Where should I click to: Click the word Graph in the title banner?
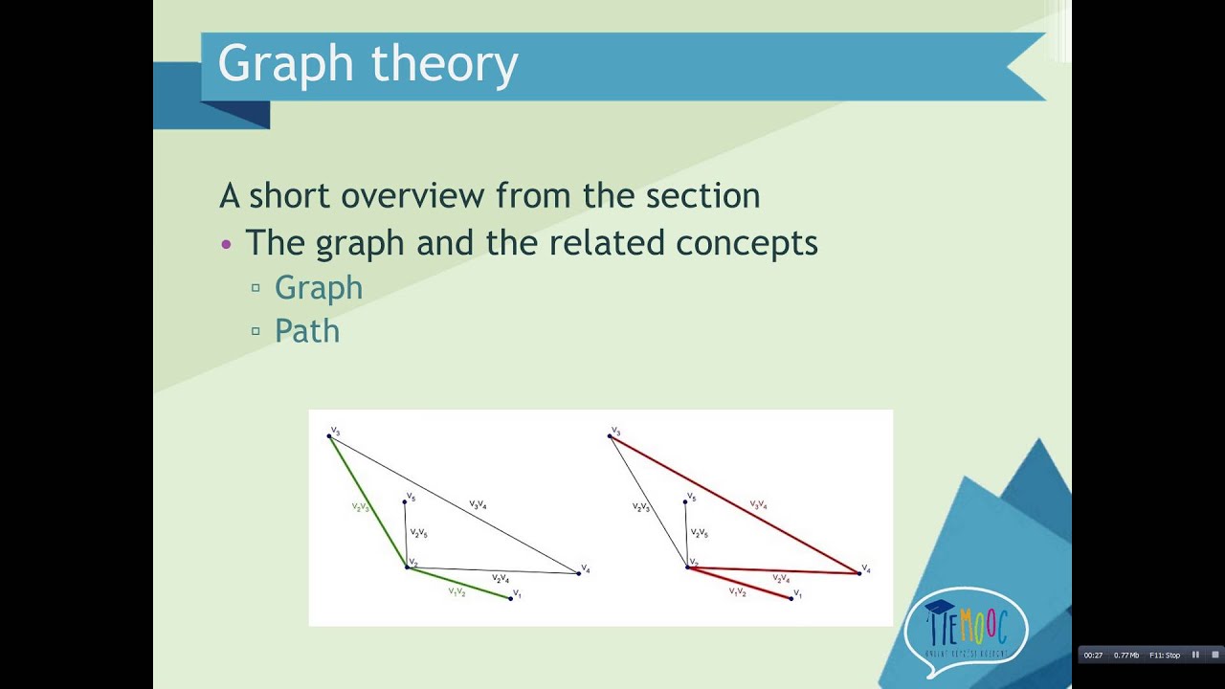[285, 65]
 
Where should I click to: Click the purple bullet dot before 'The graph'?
[227, 244]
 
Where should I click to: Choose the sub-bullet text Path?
[307, 331]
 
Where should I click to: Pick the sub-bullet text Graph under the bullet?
[319, 288]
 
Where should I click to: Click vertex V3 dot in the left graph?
[329, 436]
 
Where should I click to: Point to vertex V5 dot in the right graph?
[686, 500]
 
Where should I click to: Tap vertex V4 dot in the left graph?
[579, 573]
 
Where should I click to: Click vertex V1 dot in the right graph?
[791, 598]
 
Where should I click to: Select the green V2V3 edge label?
[361, 506]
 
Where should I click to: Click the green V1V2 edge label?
[457, 591]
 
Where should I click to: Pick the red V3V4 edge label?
[758, 504]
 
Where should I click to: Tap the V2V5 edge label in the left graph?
[418, 533]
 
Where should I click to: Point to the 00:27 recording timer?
[1093, 655]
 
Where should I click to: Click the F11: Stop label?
[1165, 655]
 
